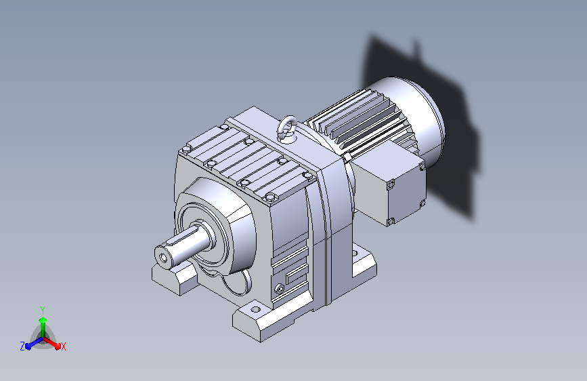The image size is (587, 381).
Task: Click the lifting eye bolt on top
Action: [288, 128]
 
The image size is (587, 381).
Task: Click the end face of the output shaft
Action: [164, 256]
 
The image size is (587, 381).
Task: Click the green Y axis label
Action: [43, 310]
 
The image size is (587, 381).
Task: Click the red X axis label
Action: [63, 346]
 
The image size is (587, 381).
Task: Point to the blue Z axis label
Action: [22, 346]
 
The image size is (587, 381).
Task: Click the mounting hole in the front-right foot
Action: [256, 309]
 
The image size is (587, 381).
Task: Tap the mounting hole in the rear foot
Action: [355, 254]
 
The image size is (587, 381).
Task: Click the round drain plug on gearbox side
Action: [279, 289]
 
